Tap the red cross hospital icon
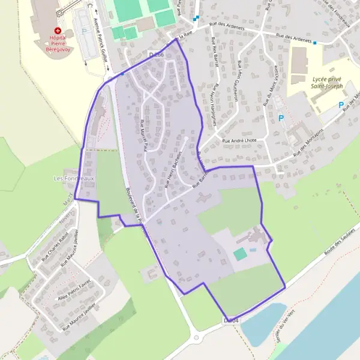coord(58,30)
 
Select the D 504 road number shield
coord(231,322)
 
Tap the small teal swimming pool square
coord(240,254)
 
